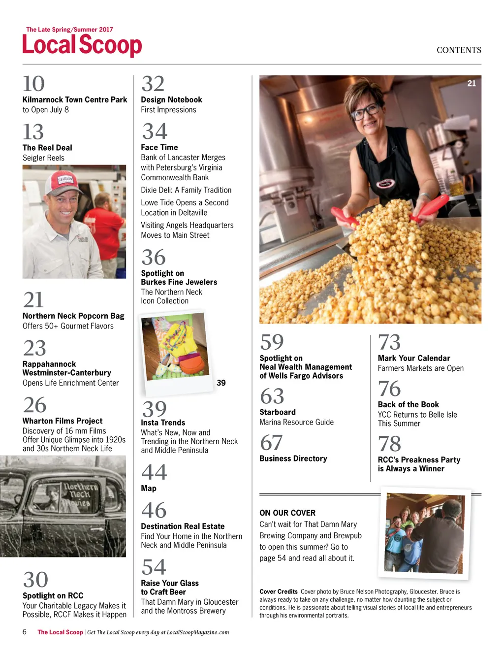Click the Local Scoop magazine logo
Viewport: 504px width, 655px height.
[82, 44]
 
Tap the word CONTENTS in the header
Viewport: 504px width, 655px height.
[459, 50]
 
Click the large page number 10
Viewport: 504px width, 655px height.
[33, 84]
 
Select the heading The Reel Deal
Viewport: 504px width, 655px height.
[47, 148]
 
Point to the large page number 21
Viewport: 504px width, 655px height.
[33, 300]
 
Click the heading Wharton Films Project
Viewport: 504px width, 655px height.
[63, 421]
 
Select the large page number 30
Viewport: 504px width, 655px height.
[35, 580]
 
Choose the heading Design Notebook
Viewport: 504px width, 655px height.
[171, 100]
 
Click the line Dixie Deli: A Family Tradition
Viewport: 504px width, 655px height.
[186, 190]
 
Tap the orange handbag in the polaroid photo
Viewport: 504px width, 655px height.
[191, 364]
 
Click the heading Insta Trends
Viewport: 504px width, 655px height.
[163, 423]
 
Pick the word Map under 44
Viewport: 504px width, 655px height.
[149, 489]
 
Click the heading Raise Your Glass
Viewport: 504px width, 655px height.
[170, 584]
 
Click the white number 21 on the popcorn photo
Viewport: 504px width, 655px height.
[472, 84]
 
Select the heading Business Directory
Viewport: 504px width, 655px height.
[293, 459]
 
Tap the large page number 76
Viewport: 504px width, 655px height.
[389, 389]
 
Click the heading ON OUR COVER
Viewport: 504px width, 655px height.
[287, 513]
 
